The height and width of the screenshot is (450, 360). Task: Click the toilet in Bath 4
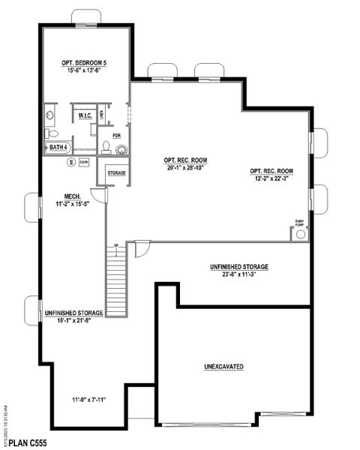[x=52, y=133]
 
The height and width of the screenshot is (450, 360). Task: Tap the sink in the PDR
[x=106, y=148]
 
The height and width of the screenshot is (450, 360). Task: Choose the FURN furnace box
[x=83, y=162]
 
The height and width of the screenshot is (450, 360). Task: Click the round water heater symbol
[x=70, y=162]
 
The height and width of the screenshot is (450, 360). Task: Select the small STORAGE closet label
[x=116, y=173]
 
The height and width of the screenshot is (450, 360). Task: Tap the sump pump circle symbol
[x=301, y=234]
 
